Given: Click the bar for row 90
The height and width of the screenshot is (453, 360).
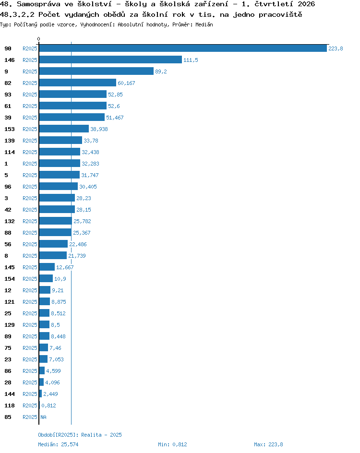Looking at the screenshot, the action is pos(183,48).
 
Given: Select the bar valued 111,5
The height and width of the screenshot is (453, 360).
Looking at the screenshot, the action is pos(110,60).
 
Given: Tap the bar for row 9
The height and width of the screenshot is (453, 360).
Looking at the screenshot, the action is pos(96,72).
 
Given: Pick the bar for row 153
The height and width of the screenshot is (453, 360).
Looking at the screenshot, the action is pos(64,129).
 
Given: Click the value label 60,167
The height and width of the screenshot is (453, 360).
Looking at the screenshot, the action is pos(126,83).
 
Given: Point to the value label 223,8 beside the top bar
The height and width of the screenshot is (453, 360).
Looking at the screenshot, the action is pos(336,48).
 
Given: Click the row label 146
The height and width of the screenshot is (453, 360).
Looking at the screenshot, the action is pos(10,60).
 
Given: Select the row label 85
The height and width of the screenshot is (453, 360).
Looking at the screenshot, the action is pos(8,417).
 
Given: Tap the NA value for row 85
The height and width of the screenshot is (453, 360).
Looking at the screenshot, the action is pos(43,417).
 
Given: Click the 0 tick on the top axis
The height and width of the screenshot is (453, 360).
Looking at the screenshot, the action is pos(39,39).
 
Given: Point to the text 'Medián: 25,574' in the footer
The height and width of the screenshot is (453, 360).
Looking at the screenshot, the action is pos(58,444).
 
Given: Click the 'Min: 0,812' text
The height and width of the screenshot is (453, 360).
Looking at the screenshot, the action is pos(172,444).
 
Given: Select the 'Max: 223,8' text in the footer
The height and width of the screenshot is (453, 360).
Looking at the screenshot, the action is pos(268,444).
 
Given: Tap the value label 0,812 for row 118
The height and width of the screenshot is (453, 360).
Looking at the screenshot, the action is pos(48,405).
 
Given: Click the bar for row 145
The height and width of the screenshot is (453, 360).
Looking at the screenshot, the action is pos(47,267).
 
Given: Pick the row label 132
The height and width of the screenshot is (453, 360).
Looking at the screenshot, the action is pos(10,221).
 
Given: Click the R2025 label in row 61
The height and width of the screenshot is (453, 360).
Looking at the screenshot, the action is pos(30,106).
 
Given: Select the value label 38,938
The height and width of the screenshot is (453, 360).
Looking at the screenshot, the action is pos(99,129).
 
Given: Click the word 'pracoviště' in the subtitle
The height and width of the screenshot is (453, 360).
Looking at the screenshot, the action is pos(280,14).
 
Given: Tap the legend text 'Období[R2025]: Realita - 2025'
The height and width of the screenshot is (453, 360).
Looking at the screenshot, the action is pos(80,435).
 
